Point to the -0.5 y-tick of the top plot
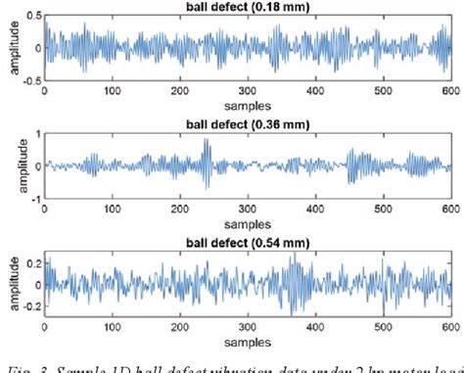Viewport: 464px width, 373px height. tap(30, 80)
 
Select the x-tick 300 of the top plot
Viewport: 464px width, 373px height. tap(248, 91)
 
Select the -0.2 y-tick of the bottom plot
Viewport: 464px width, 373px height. tap(30, 305)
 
